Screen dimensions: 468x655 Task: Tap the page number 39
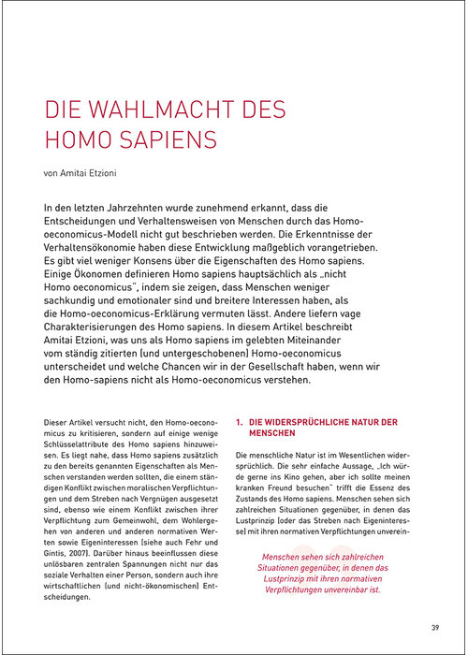point(435,627)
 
